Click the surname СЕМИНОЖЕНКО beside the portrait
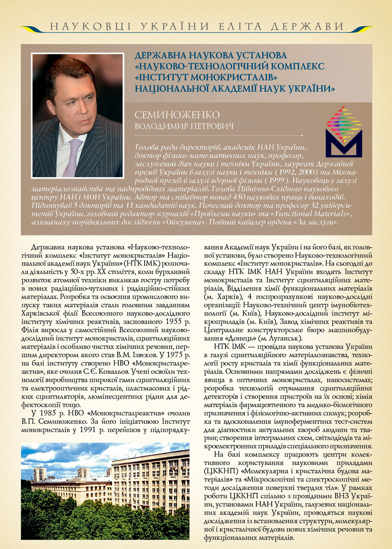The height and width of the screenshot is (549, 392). [x=177, y=115]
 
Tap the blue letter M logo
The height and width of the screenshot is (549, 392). [x=344, y=143]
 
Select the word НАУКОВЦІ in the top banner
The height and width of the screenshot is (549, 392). [x=91, y=27]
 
